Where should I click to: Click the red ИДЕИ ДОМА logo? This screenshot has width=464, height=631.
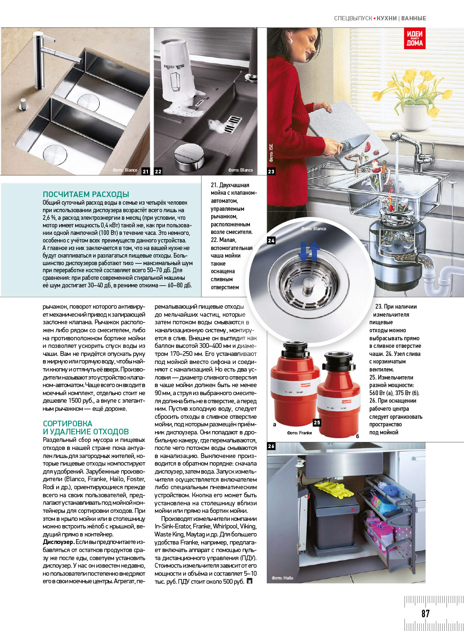pyautogui.click(x=414, y=38)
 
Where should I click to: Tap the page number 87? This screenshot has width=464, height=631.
pyautogui.click(x=425, y=614)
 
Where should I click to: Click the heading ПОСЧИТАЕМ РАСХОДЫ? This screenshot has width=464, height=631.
pyautogui.click(x=86, y=194)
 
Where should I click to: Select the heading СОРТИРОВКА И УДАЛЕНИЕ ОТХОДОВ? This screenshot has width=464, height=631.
pyautogui.click(x=86, y=428)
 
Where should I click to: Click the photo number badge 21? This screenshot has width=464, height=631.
pyautogui.click(x=146, y=172)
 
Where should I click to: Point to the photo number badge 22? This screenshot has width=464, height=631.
pyautogui.click(x=158, y=172)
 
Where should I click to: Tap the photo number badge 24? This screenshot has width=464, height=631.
pyautogui.click(x=271, y=241)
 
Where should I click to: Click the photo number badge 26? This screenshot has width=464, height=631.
pyautogui.click(x=271, y=446)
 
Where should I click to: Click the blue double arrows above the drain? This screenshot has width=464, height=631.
pyautogui.click(x=309, y=251)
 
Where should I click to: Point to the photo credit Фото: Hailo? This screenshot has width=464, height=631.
pyautogui.click(x=282, y=578)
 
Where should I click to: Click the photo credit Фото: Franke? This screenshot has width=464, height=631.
pyautogui.click(x=300, y=432)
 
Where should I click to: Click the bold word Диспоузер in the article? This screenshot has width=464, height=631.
pyautogui.click(x=58, y=542)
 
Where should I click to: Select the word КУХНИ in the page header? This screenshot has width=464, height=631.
pyautogui.click(x=387, y=18)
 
